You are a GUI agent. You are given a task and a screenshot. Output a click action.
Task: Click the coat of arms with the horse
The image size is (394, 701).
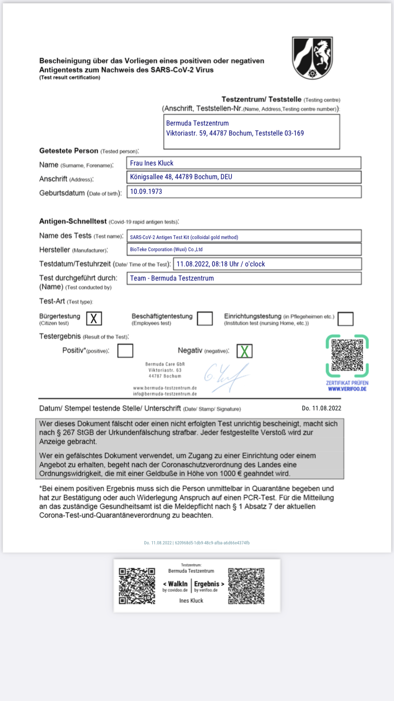click(x=313, y=58)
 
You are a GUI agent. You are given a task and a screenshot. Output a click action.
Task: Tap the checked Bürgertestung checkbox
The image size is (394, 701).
click(x=94, y=318)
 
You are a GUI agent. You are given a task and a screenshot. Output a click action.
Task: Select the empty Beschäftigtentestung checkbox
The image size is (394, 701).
click(x=205, y=318)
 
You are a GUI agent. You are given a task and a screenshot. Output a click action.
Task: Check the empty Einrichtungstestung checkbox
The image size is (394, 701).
click(x=345, y=318)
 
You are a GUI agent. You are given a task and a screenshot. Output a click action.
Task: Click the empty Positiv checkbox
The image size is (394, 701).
click(x=125, y=350)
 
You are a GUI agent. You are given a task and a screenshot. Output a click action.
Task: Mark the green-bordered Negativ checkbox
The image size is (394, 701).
click(x=244, y=351)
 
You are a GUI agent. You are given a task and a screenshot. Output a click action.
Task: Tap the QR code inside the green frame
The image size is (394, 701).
click(x=347, y=357)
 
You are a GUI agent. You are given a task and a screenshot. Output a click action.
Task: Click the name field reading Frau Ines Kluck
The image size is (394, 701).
click(x=245, y=163)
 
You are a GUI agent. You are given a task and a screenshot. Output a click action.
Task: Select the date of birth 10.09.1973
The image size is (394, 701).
click(x=245, y=192)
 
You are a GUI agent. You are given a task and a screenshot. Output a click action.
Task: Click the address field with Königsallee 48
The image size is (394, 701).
click(x=245, y=177)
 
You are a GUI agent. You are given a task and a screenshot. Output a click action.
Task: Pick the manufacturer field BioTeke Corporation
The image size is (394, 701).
click(x=245, y=250)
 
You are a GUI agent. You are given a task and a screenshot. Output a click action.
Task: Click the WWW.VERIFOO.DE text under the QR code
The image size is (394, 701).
click(x=347, y=389)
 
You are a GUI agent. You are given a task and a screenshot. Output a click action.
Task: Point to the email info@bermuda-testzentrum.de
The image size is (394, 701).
click(x=165, y=394)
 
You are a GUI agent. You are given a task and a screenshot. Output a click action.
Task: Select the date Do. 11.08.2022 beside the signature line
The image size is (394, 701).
click(x=322, y=408)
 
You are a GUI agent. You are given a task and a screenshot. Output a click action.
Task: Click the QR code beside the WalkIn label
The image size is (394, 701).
click(x=137, y=585)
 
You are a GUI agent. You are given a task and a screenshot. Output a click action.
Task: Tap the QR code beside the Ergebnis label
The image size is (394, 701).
click(x=246, y=585)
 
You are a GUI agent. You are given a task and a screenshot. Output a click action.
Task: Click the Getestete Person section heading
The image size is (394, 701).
click(x=69, y=151)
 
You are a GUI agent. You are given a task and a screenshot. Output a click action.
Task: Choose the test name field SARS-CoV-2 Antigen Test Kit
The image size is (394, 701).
click(x=245, y=236)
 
